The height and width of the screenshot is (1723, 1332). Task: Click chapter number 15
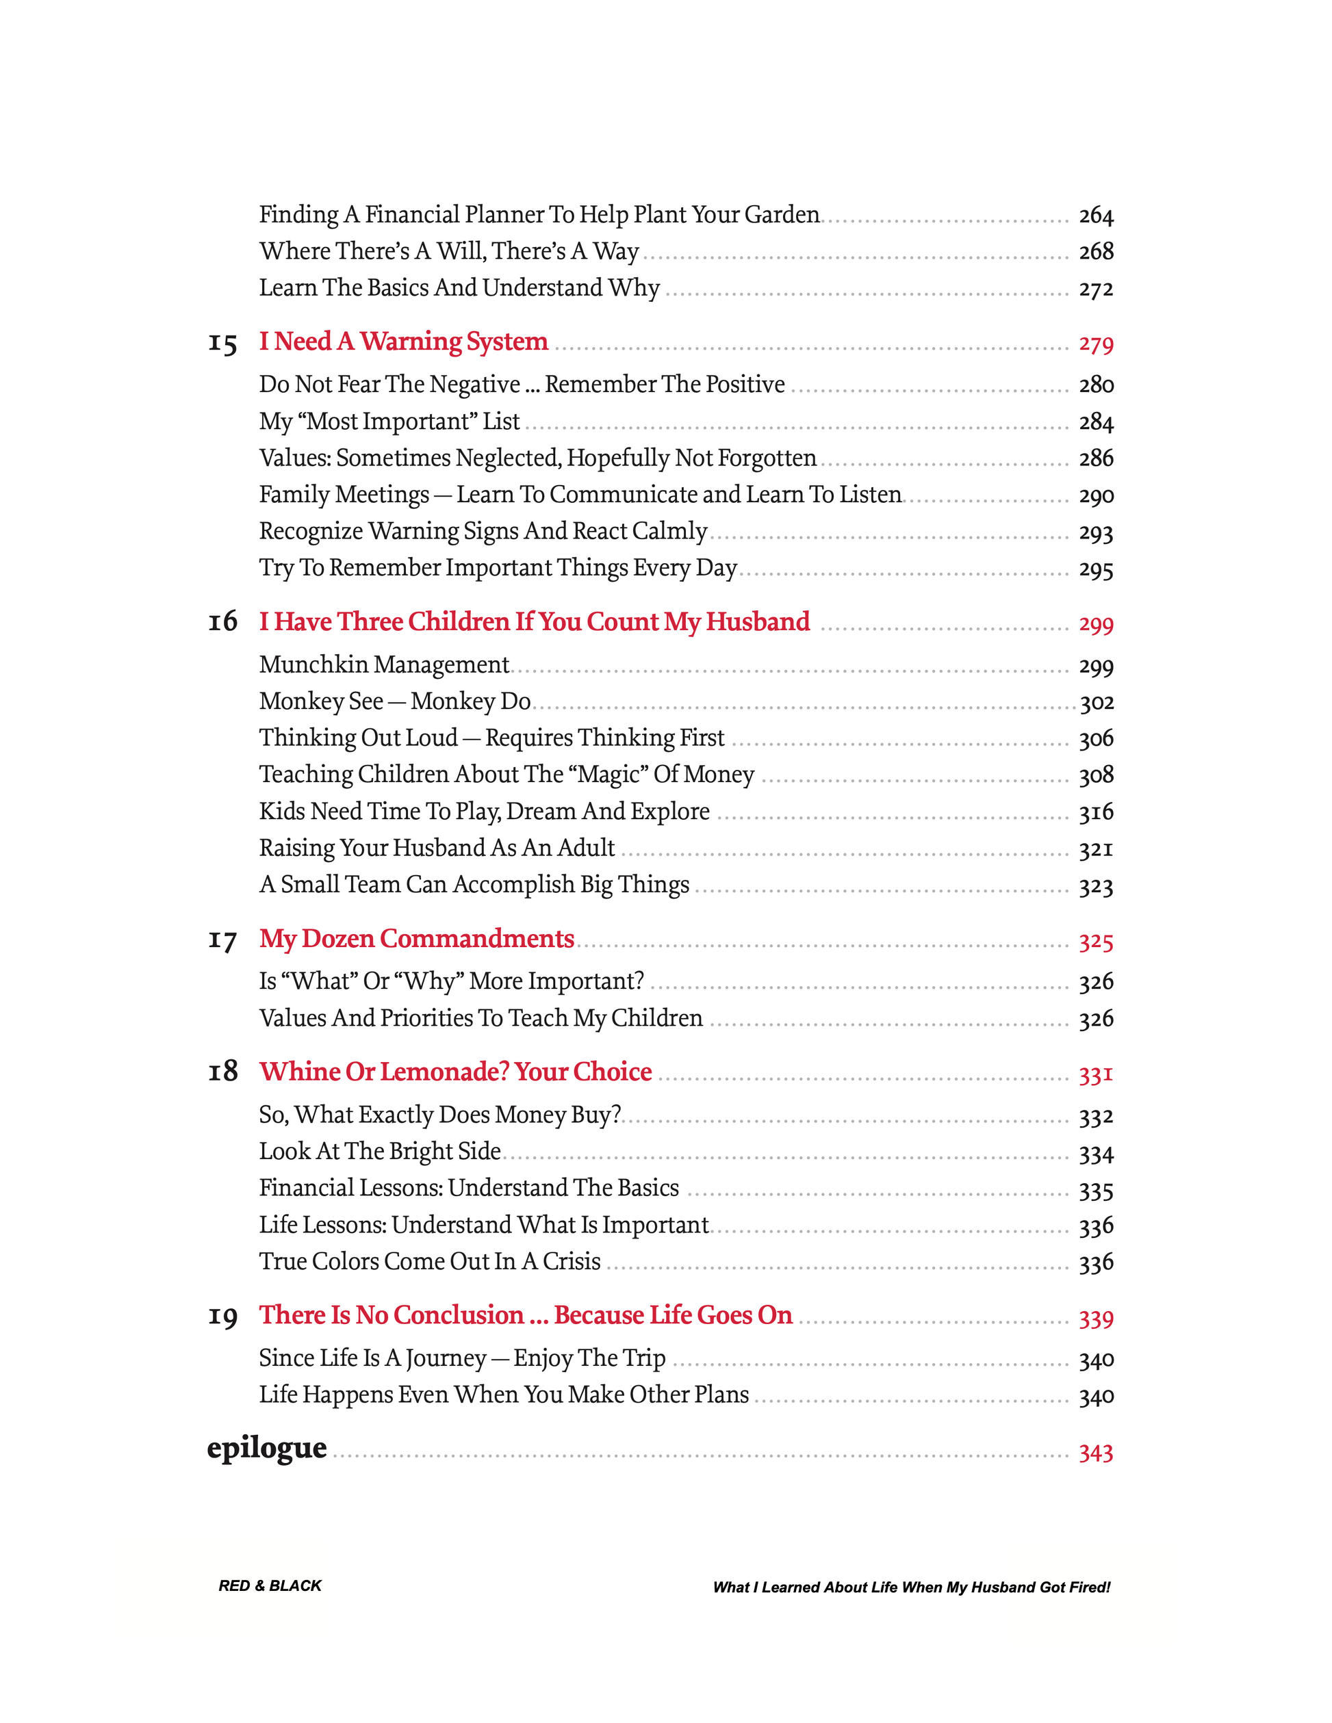click(222, 344)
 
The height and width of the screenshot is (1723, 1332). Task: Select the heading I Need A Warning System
click(403, 341)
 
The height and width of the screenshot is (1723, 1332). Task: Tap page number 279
click(1095, 344)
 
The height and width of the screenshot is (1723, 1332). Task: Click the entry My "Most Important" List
click(389, 422)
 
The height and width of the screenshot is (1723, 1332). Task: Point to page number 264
click(1095, 216)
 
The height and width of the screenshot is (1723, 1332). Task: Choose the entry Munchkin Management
click(383, 665)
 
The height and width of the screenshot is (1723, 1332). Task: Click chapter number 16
click(222, 623)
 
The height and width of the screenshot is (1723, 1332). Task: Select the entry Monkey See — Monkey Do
click(394, 701)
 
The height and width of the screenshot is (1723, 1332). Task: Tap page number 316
click(1095, 812)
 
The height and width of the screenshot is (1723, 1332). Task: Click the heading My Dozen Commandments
click(417, 939)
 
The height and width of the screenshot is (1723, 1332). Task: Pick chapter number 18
click(222, 1072)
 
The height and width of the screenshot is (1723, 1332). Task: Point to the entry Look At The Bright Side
click(380, 1152)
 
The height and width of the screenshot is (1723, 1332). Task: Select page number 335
click(1095, 1191)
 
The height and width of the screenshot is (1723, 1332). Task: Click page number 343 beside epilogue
click(1095, 1453)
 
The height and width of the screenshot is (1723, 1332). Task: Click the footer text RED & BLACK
click(270, 1585)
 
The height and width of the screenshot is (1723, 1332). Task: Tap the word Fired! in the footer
click(1089, 1588)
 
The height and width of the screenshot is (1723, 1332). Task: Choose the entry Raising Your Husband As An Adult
click(437, 848)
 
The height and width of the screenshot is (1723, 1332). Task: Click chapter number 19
click(222, 1317)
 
